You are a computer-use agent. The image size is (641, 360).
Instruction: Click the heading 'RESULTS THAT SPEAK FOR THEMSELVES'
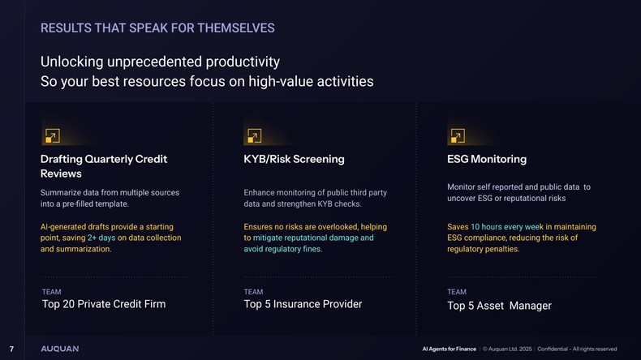157,28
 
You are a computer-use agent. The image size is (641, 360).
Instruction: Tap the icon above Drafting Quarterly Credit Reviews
51,136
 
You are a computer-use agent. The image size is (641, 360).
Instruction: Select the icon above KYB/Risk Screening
254,136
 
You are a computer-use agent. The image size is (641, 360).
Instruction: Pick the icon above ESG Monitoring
457,136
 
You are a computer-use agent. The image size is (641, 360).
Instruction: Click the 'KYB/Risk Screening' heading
294,159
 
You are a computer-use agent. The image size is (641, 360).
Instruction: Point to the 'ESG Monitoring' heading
487,159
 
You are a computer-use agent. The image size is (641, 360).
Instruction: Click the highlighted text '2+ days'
102,238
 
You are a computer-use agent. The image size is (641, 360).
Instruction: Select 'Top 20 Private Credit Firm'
104,304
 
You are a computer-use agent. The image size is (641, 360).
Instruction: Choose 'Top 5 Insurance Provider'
303,304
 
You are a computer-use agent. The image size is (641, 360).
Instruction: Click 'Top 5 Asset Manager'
499,306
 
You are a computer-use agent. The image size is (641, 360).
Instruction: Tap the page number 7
11,349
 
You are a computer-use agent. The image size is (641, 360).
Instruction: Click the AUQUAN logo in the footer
60,349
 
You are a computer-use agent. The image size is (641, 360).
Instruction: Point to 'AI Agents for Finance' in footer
450,349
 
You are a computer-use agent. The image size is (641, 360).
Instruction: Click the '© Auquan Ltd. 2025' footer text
507,349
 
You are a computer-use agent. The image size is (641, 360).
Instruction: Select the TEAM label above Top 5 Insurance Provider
253,292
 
